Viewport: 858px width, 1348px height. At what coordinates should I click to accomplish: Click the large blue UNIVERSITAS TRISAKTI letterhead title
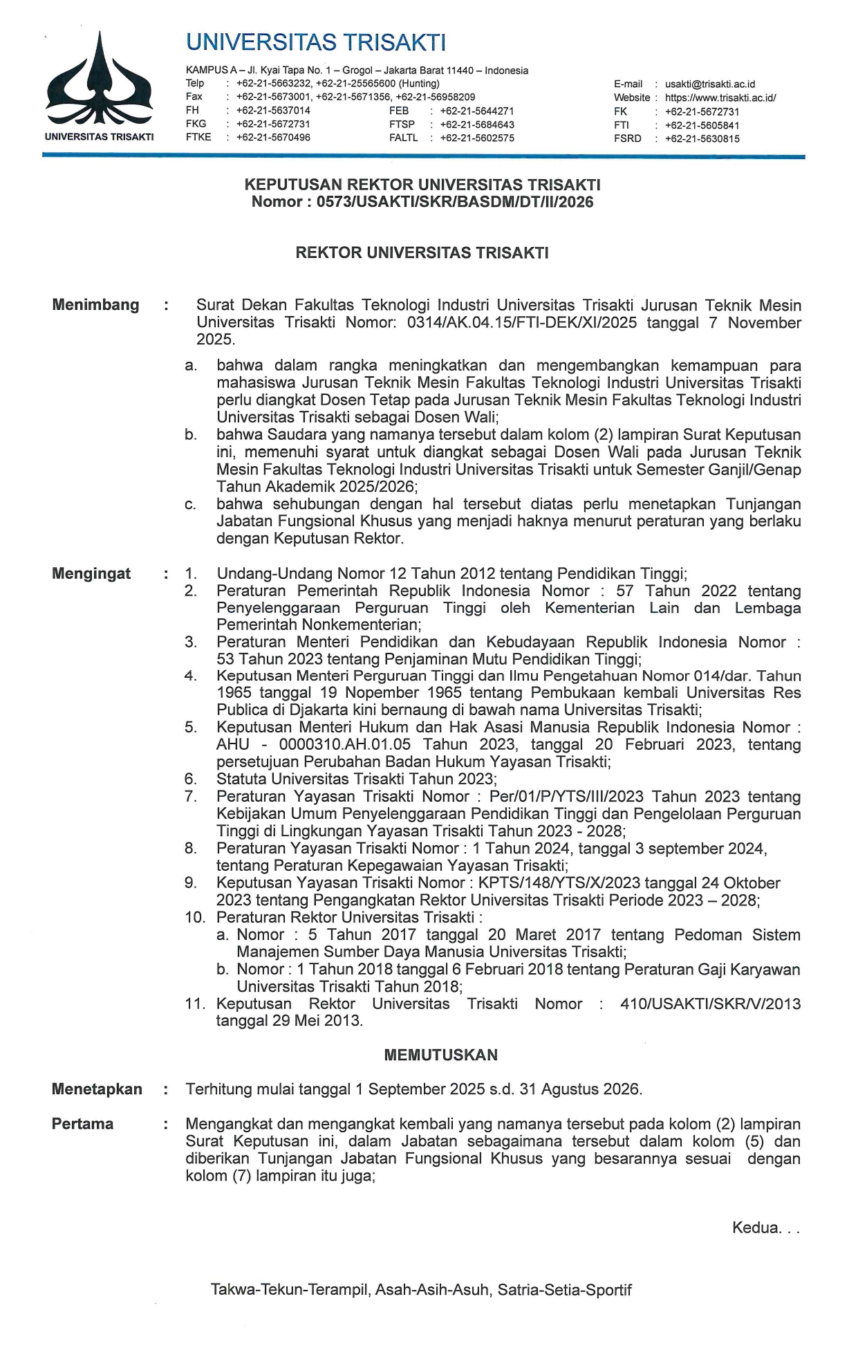(316, 43)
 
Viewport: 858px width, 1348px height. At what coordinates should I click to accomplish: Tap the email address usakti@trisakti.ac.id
(709, 84)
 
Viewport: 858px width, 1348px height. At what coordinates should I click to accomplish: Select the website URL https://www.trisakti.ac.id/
(720, 98)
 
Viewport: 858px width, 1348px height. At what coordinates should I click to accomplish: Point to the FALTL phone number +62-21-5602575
(476, 138)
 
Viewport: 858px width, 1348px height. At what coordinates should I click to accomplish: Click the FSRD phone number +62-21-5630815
(702, 138)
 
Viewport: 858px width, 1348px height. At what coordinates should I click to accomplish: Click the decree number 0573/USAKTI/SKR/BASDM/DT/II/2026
(454, 202)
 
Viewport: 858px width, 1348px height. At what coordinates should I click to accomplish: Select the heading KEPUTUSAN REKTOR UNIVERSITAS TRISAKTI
(422, 185)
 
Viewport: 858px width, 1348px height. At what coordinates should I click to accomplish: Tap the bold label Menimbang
(95, 305)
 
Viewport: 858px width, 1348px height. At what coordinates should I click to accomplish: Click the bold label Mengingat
(91, 573)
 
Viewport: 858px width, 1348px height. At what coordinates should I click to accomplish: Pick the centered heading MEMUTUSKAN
(440, 1055)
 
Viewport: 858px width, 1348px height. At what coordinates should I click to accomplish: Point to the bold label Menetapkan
(97, 1089)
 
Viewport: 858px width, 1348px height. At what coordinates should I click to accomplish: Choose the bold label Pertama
(82, 1124)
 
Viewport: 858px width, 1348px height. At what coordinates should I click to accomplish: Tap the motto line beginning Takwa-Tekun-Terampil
(421, 1289)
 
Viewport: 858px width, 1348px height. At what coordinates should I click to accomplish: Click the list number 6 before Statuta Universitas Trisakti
(191, 779)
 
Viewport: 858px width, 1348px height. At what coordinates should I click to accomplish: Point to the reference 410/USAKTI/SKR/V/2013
(710, 1004)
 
